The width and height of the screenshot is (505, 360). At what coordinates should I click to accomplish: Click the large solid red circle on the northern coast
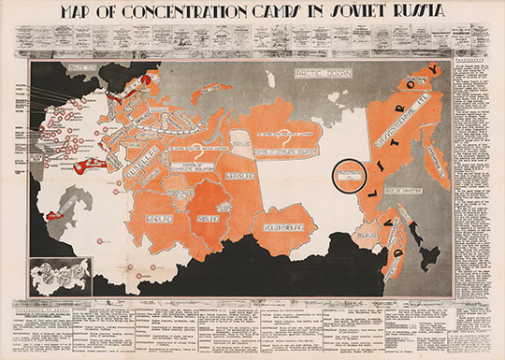click(147, 83)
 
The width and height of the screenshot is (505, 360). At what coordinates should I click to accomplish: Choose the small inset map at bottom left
click(54, 277)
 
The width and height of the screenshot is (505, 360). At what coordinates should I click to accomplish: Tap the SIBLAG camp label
click(208, 220)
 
